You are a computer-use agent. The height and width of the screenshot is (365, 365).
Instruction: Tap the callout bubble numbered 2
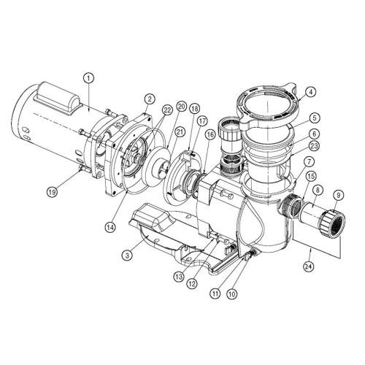pyautogui.click(x=149, y=99)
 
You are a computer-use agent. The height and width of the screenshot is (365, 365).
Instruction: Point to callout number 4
pyautogui.click(x=311, y=93)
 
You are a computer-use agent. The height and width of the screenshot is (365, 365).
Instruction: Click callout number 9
pyautogui.click(x=337, y=195)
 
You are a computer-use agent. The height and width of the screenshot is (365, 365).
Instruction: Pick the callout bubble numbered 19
pyautogui.click(x=52, y=193)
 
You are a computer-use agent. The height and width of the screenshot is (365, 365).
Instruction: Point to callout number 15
pyautogui.click(x=310, y=175)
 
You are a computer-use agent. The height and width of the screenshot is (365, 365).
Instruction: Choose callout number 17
pyautogui.click(x=202, y=122)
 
